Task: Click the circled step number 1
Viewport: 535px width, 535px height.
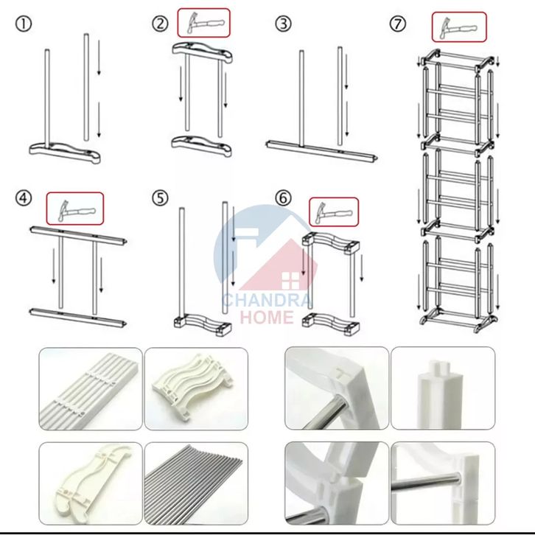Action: [x=24, y=24]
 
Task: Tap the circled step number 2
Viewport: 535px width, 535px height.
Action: [x=160, y=24]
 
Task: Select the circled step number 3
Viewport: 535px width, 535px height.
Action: [x=283, y=24]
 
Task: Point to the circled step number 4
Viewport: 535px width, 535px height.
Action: [x=24, y=198]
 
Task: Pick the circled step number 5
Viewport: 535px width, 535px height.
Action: [x=160, y=198]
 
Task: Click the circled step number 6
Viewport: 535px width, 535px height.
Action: [x=283, y=198]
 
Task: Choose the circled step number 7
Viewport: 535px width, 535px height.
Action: [x=398, y=24]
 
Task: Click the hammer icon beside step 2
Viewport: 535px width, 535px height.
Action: [x=204, y=23]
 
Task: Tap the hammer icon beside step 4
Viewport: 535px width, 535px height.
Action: [x=75, y=209]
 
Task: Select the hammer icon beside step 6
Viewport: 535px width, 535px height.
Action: [x=334, y=212]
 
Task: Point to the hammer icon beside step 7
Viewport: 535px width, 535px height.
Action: [x=459, y=27]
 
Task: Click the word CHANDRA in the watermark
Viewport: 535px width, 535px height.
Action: [x=267, y=300]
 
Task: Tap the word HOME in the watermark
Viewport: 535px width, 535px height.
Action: [x=267, y=317]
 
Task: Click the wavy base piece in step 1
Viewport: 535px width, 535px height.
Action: [x=65, y=153]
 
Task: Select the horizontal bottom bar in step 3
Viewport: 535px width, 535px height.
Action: [x=322, y=150]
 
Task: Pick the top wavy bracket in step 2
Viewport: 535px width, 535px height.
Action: [x=203, y=52]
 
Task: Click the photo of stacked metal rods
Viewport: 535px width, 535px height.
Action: [x=196, y=483]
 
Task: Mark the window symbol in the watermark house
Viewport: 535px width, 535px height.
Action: [x=290, y=281]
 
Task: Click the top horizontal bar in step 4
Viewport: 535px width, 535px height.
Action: [x=78, y=235]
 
